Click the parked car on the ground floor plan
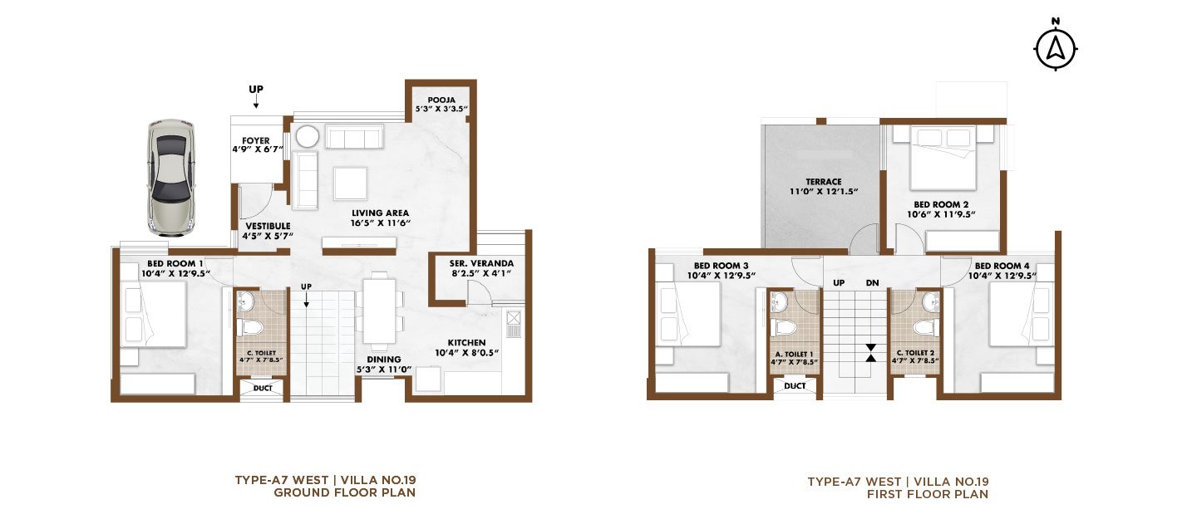[171, 177]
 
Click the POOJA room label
[441, 100]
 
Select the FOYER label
[256, 140]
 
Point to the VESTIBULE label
[268, 226]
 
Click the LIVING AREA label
[380, 213]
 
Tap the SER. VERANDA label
[481, 263]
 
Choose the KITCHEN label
[466, 342]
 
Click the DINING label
[384, 360]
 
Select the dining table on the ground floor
[380, 311]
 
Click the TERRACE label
[824, 182]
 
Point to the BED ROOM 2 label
[941, 204]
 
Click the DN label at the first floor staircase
[872, 283]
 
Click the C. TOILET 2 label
[915, 353]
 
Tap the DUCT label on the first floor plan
[796, 385]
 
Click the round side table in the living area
[308, 136]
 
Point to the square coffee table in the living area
[351, 184]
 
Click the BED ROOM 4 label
[1002, 266]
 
